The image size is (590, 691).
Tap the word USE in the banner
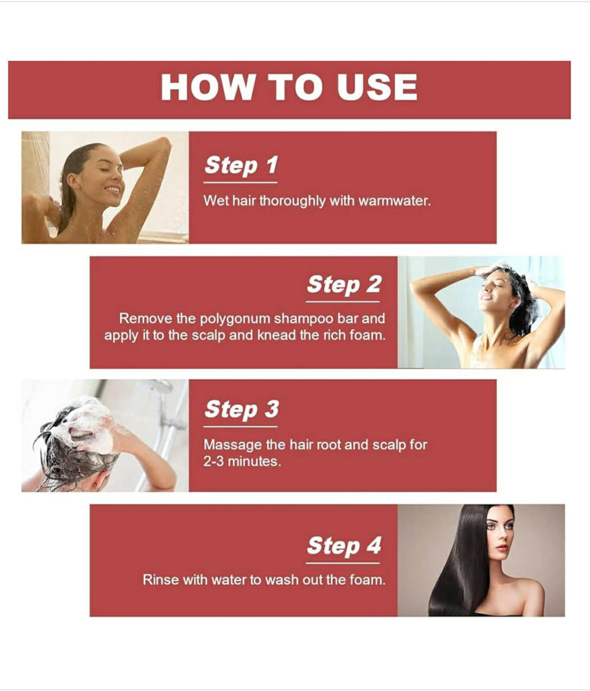pyautogui.click(x=377, y=87)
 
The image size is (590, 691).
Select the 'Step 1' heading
pyautogui.click(x=241, y=165)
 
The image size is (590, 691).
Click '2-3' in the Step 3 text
pyautogui.click(x=214, y=462)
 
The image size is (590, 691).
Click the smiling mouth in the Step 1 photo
pyautogui.click(x=113, y=190)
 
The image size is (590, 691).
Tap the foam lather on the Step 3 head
pyautogui.click(x=87, y=424)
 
